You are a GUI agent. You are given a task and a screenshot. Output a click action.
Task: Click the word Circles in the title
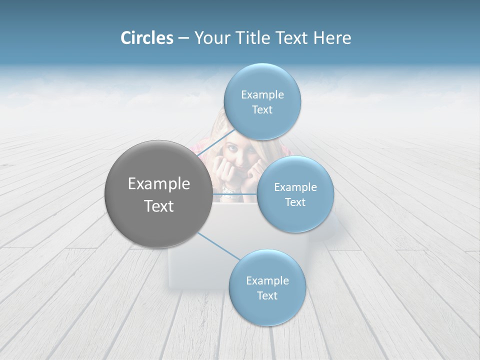tap(147, 38)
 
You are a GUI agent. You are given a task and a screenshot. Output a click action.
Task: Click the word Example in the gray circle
tap(159, 184)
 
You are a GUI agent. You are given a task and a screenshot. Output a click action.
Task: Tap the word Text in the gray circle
tap(159, 206)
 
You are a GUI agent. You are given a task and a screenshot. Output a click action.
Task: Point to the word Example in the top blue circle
tap(262, 94)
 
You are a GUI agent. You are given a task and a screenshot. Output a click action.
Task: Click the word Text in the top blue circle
tap(262, 110)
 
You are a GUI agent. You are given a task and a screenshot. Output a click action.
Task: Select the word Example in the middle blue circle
tap(295, 187)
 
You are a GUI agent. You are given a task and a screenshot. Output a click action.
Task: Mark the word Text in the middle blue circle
tap(295, 202)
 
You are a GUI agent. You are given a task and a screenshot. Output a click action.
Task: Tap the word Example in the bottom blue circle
tap(267, 280)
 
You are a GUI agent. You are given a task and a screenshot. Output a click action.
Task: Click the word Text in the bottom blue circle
tap(267, 295)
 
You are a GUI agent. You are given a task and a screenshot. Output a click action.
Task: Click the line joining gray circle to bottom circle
tap(218, 246)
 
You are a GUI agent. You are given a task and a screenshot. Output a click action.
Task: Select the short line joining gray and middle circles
tap(234, 193)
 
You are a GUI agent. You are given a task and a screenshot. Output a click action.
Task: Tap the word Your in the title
tap(211, 38)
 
